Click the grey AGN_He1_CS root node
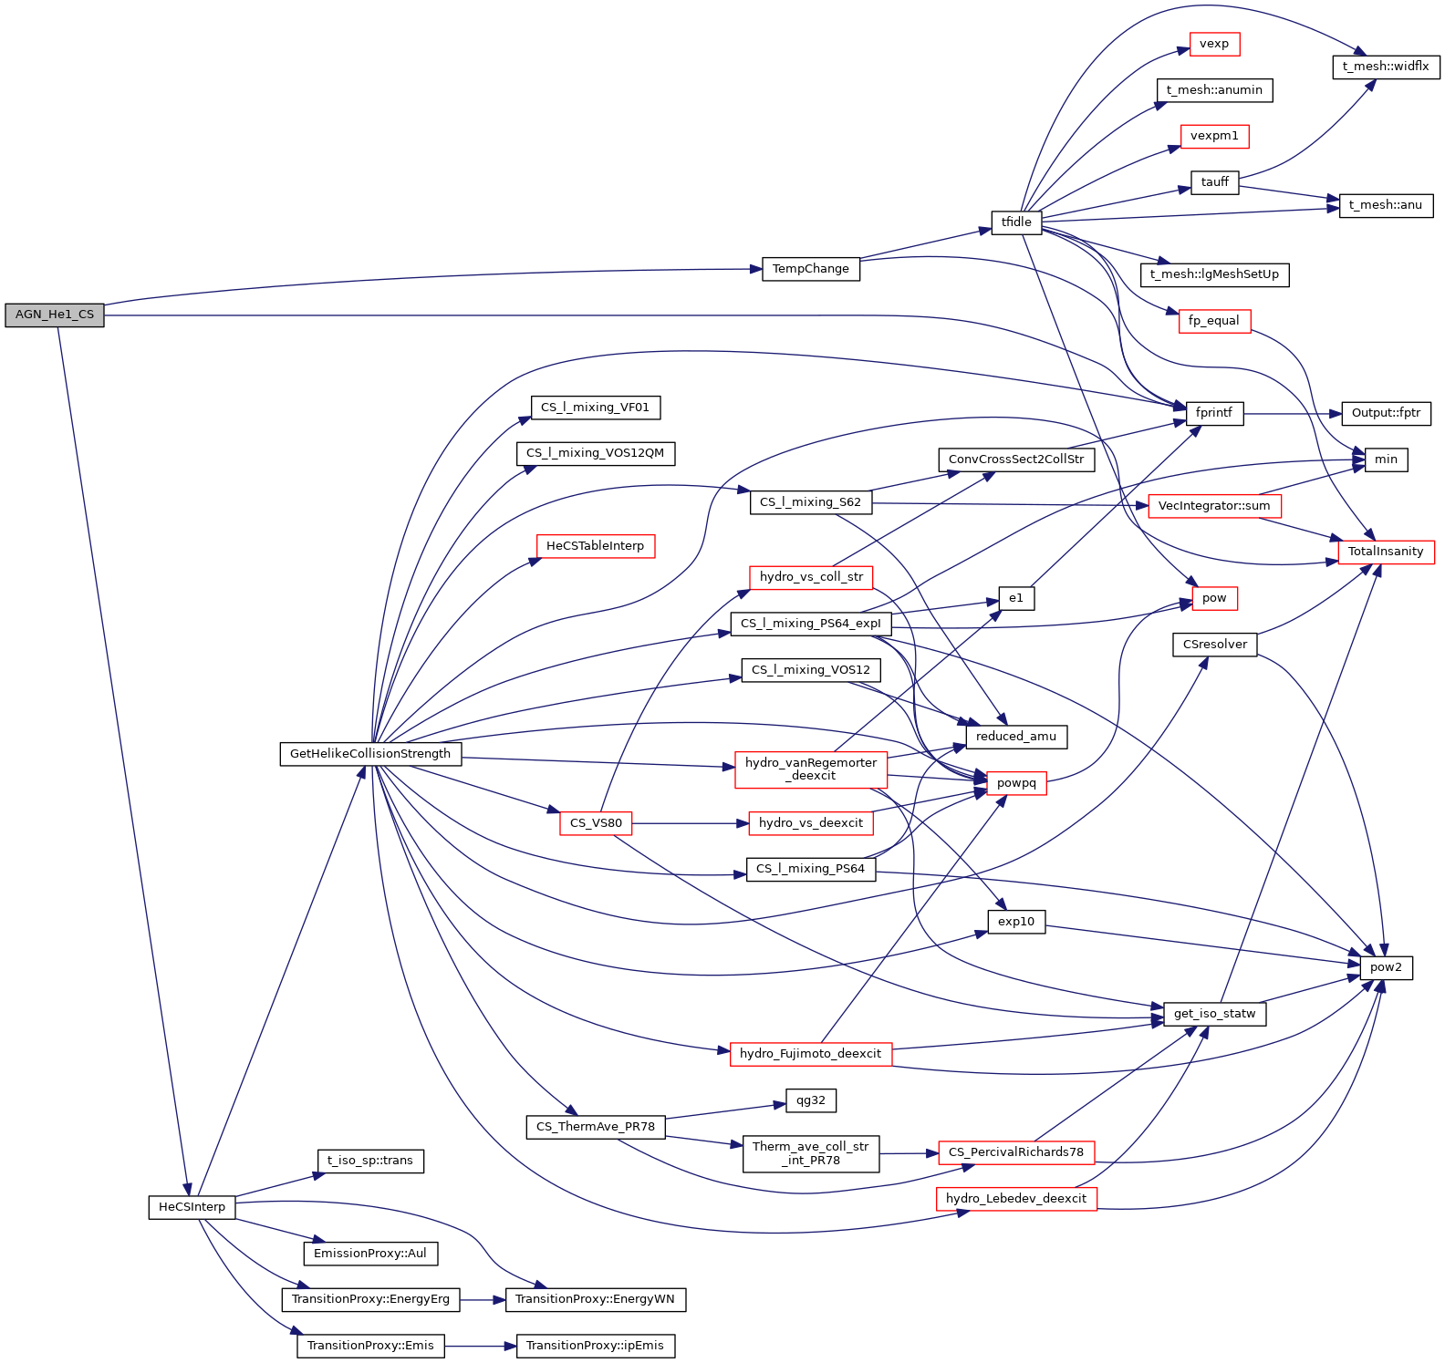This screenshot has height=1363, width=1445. click(55, 315)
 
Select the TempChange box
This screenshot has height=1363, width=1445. click(810, 269)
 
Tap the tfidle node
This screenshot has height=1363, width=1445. click(1016, 222)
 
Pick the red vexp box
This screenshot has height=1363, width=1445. click(1214, 44)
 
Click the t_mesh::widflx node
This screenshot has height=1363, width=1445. click(1386, 67)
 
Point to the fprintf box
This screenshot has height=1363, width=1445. click(1213, 413)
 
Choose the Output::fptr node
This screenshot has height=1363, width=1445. click(1386, 413)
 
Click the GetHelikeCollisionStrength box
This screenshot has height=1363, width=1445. click(370, 754)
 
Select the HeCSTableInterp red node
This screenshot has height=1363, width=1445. click(595, 546)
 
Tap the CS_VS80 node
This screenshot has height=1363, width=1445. click(596, 823)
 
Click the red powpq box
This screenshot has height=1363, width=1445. click(1016, 783)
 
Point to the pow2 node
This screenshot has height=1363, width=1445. click(1386, 967)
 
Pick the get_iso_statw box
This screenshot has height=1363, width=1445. click(1214, 1014)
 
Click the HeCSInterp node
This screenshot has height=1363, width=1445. click(192, 1207)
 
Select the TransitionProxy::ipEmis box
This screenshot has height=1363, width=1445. click(595, 1346)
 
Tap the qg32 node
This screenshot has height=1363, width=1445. click(810, 1100)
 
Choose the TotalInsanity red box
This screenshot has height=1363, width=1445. click(1386, 552)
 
